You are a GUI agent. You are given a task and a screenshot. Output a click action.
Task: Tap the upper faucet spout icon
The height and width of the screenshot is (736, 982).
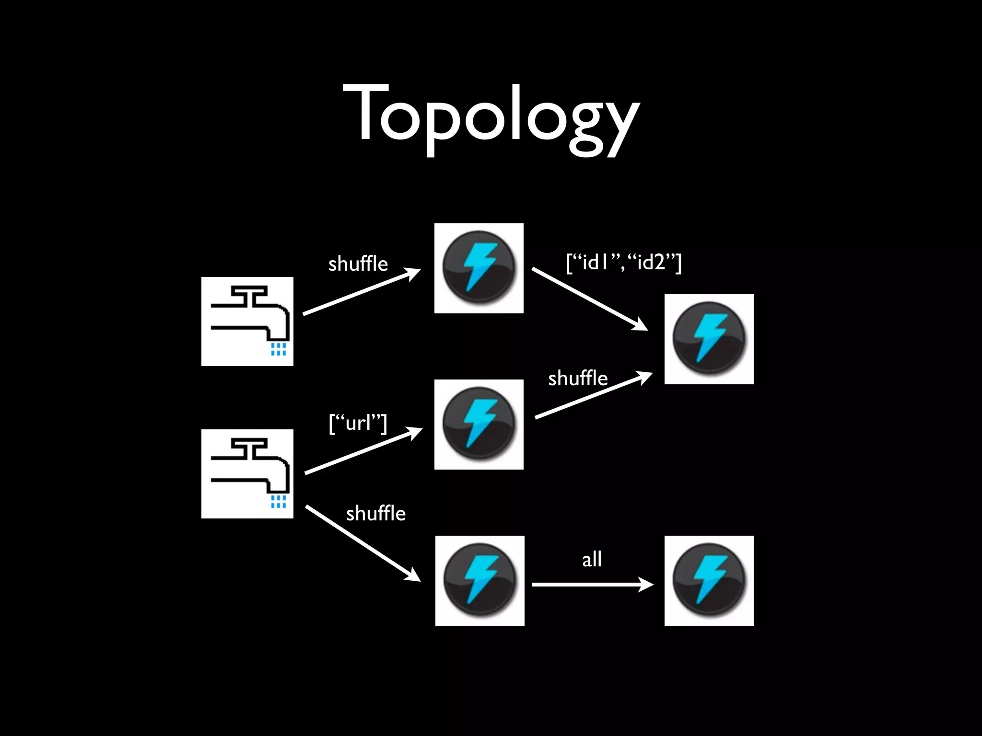pyautogui.click(x=247, y=321)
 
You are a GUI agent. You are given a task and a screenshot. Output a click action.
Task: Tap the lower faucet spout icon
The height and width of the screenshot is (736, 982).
pyautogui.click(x=247, y=473)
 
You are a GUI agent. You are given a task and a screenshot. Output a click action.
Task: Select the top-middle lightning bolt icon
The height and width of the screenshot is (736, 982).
pyautogui.click(x=479, y=268)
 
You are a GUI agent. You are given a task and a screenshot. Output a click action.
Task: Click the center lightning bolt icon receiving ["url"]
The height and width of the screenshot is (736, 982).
pyautogui.click(x=479, y=424)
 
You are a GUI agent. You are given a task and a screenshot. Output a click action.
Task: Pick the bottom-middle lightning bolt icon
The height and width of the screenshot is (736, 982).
pyautogui.click(x=479, y=580)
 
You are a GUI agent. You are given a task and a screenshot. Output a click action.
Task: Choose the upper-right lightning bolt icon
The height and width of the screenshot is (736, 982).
pyautogui.click(x=709, y=339)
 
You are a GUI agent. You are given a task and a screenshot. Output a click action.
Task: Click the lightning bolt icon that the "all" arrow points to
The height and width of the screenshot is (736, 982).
pyautogui.click(x=709, y=580)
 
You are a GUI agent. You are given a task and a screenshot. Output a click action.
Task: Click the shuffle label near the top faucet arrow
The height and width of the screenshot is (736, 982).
pyautogui.click(x=358, y=264)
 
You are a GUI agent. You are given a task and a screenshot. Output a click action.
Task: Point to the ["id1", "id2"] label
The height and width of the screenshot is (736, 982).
pyautogui.click(x=623, y=262)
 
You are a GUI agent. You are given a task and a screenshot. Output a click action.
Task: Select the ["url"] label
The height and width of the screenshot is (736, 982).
pyautogui.click(x=358, y=423)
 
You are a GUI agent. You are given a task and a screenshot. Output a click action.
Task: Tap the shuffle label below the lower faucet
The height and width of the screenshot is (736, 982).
pyautogui.click(x=375, y=514)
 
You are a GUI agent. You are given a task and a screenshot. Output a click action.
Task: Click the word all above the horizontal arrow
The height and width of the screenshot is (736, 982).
pyautogui.click(x=592, y=559)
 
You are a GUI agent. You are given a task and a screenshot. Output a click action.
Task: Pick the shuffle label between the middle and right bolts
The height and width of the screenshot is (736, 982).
pyautogui.click(x=577, y=379)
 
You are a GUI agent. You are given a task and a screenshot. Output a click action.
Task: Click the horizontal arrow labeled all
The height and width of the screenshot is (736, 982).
pyautogui.click(x=592, y=585)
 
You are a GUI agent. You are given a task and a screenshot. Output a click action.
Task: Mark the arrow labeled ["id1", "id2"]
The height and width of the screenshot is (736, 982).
pyautogui.click(x=590, y=299)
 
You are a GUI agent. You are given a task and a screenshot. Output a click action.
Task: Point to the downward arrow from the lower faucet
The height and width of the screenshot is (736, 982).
pyautogui.click(x=362, y=543)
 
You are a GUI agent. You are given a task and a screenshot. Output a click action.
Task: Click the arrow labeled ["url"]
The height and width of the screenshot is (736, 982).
pyautogui.click(x=363, y=451)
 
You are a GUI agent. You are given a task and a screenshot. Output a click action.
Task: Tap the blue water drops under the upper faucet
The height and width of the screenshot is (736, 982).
pyautogui.click(x=278, y=349)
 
